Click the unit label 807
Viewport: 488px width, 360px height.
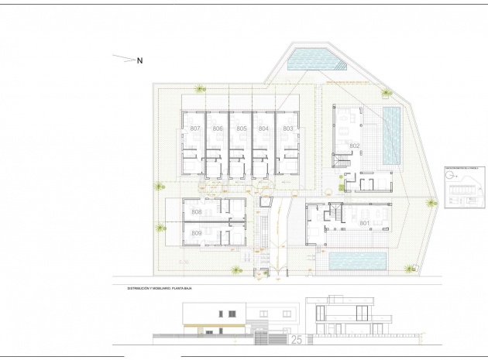[x=195, y=128]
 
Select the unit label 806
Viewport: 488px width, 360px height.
[x=218, y=128]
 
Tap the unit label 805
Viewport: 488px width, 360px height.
[x=242, y=128]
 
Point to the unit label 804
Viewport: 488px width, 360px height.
[x=264, y=128]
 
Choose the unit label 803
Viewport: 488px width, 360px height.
[x=287, y=128]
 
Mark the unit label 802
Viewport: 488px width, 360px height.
[x=354, y=146]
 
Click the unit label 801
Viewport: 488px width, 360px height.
[x=365, y=223]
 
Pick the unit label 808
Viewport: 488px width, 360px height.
[x=197, y=212]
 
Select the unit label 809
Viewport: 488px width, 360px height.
[x=197, y=233]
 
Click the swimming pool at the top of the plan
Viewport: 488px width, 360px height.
[x=311, y=58]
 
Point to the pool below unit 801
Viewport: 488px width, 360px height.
[x=358, y=261]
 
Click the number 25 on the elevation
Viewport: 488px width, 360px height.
[x=297, y=338]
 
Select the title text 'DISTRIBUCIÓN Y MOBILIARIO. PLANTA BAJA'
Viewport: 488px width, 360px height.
[x=160, y=288]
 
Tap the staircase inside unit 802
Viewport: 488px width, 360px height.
[x=340, y=162]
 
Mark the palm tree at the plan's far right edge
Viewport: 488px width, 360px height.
[x=431, y=200]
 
